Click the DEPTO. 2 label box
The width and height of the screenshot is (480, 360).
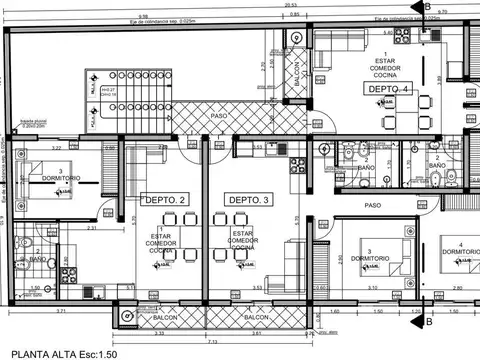(165, 200)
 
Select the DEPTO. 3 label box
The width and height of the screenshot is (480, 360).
(249, 200)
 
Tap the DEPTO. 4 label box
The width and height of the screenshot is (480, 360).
(388, 89)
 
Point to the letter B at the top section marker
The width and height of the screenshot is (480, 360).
(428, 6)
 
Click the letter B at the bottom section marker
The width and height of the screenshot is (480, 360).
(428, 322)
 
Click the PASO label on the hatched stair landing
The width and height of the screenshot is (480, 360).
(217, 116)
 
